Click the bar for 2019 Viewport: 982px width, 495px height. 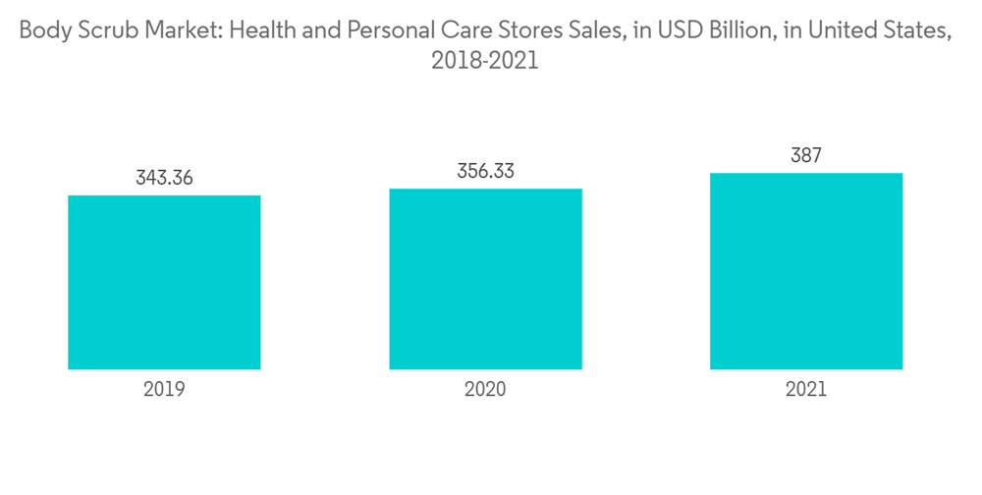[x=164, y=282]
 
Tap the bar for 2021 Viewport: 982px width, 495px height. [x=805, y=271]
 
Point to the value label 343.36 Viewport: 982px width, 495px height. [x=164, y=178]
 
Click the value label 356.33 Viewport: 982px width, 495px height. [x=485, y=171]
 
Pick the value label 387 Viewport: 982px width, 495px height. [x=805, y=155]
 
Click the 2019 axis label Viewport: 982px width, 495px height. [x=164, y=389]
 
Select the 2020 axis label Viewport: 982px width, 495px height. [x=485, y=389]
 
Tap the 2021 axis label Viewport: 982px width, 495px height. [x=805, y=389]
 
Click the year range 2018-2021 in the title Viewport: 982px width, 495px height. [x=485, y=61]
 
